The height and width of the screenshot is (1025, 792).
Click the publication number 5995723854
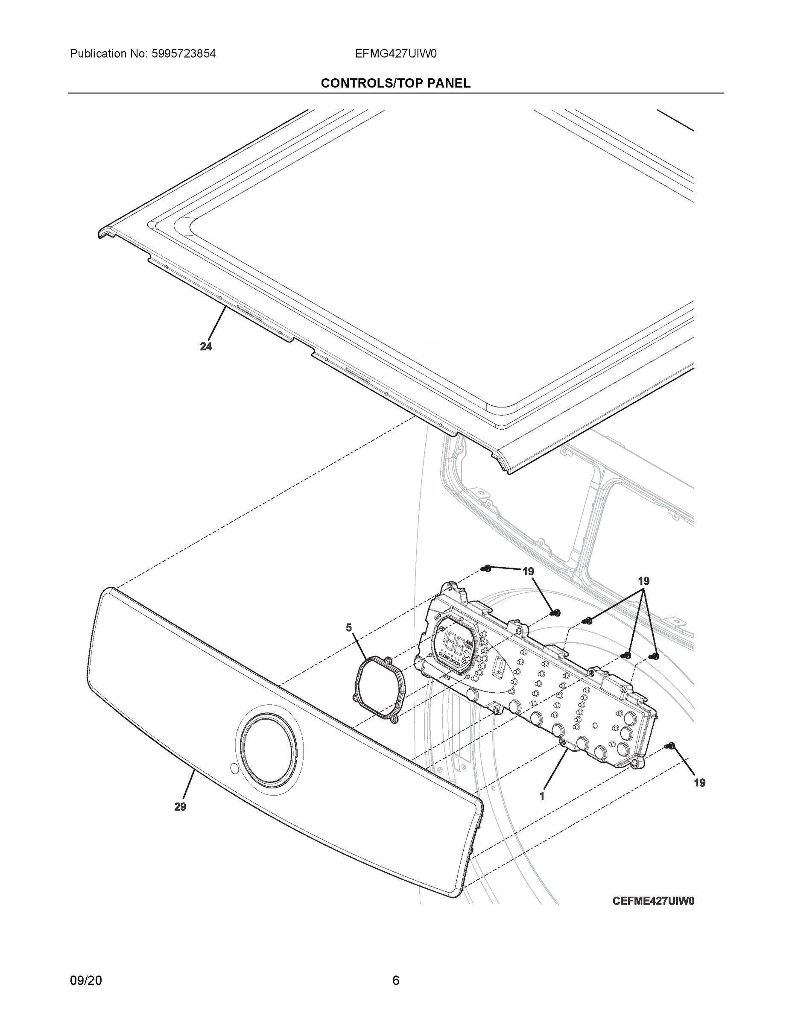tap(183, 54)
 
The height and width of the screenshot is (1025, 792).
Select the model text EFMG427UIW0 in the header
tap(395, 54)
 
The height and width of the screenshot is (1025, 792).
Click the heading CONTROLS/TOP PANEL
tap(395, 83)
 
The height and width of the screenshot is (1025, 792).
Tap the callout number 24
tap(206, 346)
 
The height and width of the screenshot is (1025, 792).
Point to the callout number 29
tap(180, 806)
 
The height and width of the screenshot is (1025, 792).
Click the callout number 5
tap(349, 627)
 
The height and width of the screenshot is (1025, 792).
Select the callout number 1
tap(542, 796)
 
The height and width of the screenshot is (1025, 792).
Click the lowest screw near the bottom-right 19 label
tap(671, 745)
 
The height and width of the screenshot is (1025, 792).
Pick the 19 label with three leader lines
tap(644, 581)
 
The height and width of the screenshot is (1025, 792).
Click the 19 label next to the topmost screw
tap(528, 571)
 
